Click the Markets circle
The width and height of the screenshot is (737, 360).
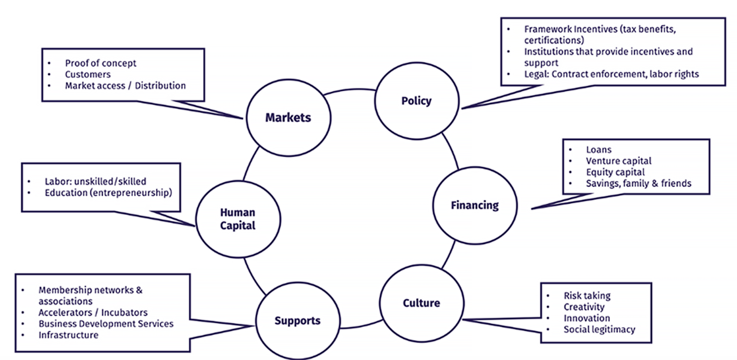click(288, 118)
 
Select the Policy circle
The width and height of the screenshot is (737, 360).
click(416, 101)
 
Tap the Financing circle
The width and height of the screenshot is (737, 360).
click(474, 205)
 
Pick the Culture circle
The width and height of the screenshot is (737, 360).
click(421, 303)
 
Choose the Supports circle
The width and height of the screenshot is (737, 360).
click(298, 320)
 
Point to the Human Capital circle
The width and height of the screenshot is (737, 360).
click(238, 219)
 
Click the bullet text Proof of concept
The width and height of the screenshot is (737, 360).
click(100, 63)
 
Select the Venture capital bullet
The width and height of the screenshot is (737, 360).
click(618, 161)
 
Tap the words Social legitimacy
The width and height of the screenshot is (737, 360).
click(599, 329)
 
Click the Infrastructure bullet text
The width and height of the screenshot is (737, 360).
click(68, 335)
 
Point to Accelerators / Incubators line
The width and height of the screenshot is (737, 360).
click(93, 312)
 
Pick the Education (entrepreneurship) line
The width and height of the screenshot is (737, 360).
click(108, 192)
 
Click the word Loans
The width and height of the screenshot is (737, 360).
click(598, 150)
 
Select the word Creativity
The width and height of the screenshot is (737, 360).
click(584, 307)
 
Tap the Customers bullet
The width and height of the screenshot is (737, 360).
click(88, 74)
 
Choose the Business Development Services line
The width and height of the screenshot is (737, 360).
click(106, 324)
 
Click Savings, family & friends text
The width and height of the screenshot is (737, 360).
click(638, 183)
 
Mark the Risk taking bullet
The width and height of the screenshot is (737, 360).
click(587, 296)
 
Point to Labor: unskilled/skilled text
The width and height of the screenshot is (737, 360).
click(95, 181)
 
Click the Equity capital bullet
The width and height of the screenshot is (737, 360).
click(615, 172)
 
